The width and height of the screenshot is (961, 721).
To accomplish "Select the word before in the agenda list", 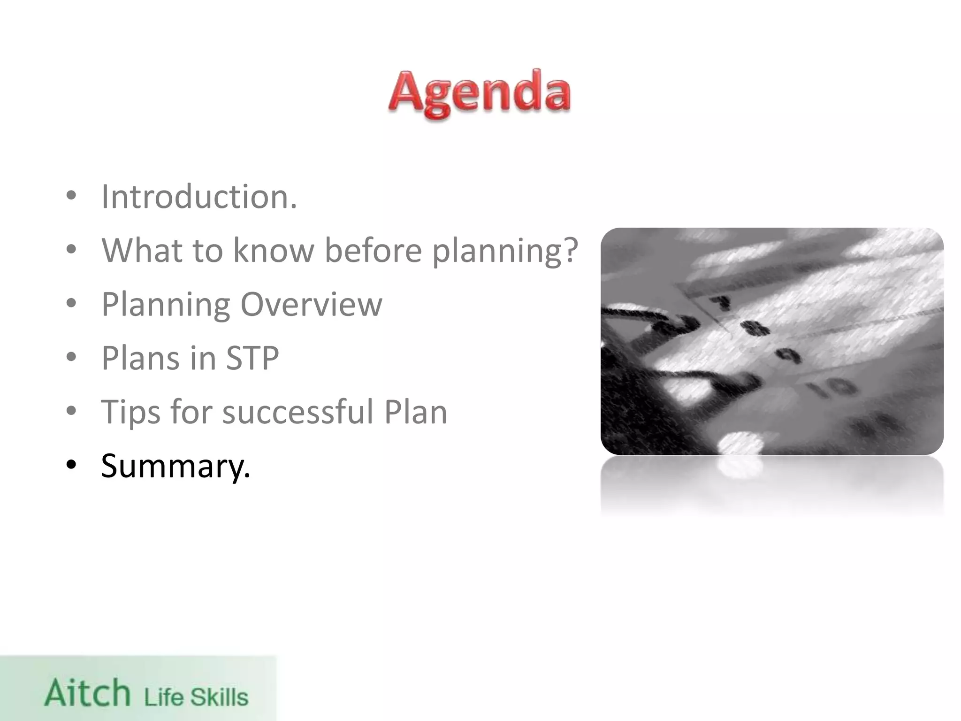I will pos(373,250).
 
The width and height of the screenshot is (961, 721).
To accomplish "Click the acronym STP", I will pos(252,358).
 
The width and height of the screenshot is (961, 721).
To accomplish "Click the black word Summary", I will pos(175,467).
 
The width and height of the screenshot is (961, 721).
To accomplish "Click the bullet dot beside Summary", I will pos(71,465).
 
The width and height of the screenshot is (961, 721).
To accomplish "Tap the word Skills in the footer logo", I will pos(219,697).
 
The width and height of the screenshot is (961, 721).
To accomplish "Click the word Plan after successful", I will pos(415,412).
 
